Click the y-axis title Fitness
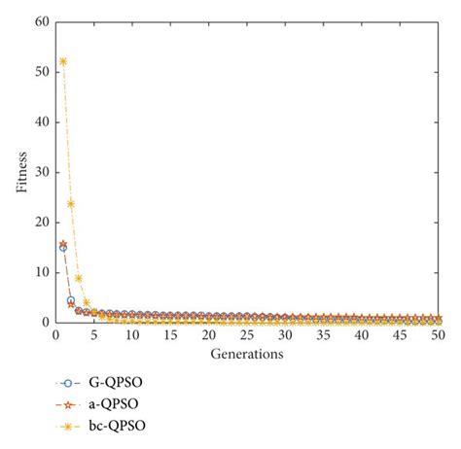click(21, 172)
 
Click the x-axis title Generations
click(247, 355)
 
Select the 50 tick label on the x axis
click(438, 335)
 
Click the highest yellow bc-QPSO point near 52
click(63, 61)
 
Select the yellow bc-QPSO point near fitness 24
click(71, 203)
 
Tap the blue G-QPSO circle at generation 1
click(63, 247)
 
